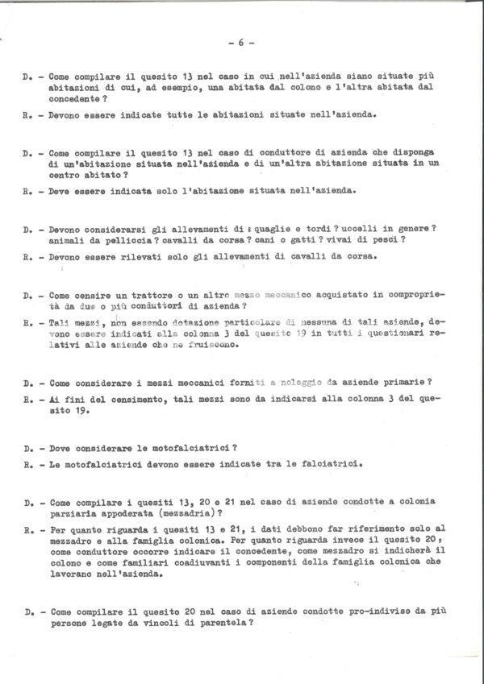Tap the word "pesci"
388,240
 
